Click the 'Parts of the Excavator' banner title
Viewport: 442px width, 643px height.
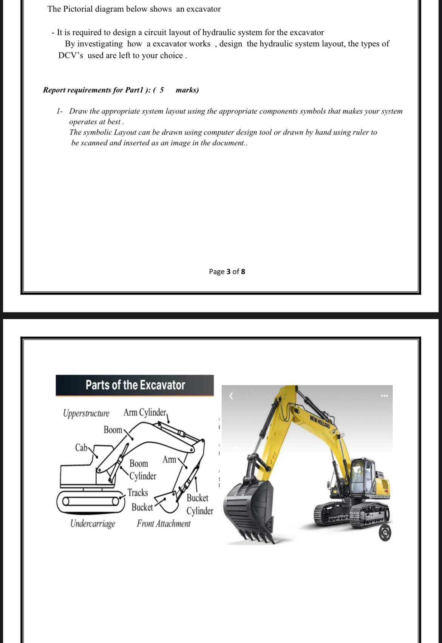(135, 385)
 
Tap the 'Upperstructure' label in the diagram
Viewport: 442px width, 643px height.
(86, 413)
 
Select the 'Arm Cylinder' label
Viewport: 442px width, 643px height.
(145, 412)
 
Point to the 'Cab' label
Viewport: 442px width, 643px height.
(81, 448)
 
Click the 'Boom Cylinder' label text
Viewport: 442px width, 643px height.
(142, 470)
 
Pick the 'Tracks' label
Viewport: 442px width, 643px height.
(138, 493)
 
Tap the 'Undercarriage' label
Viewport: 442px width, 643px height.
(93, 524)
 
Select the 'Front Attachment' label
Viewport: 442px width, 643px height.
(164, 524)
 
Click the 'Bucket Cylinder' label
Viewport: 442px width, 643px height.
(199, 504)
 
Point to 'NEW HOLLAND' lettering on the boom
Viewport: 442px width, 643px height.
(320, 422)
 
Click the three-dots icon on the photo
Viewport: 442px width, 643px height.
(385, 396)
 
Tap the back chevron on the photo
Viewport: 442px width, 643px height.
(232, 396)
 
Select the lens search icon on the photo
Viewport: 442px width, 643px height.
(385, 533)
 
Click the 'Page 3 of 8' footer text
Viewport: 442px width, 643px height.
(227, 271)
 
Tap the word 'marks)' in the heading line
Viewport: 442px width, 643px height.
(187, 90)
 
